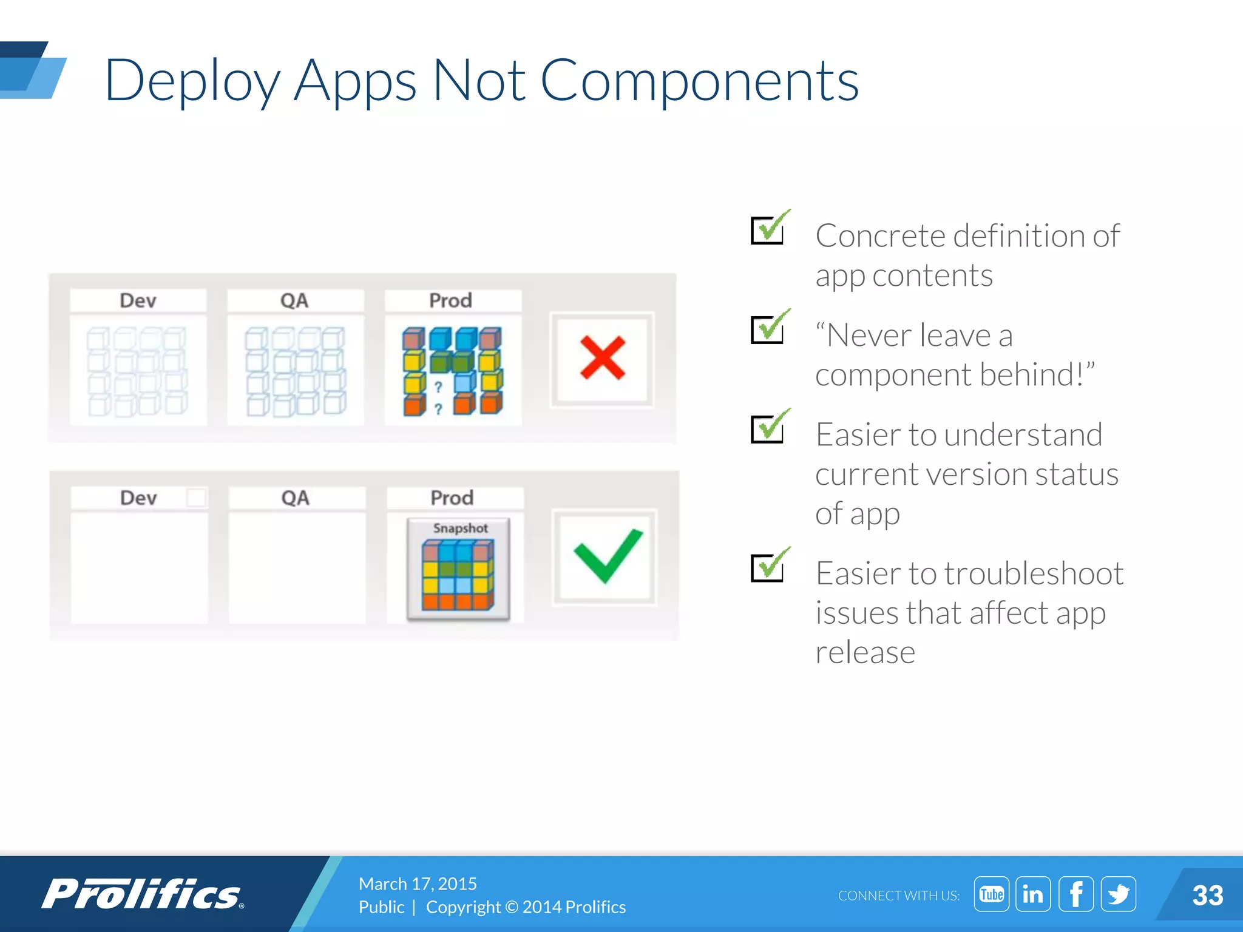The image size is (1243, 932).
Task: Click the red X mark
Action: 602,358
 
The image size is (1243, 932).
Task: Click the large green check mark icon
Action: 607,555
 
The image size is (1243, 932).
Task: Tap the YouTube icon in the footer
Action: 991,894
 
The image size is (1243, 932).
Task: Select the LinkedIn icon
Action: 1033,894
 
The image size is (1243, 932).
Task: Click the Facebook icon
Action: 1075,894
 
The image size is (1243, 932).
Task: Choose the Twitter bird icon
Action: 1118,894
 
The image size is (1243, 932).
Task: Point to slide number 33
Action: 1207,896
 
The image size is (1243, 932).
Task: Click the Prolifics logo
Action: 143,894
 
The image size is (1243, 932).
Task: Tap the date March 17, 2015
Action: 418,883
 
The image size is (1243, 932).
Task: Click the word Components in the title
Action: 699,80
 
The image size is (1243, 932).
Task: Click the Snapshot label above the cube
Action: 460,528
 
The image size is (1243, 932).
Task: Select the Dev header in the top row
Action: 138,300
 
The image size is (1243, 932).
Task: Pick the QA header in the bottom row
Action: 296,498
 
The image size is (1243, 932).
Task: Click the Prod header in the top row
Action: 450,300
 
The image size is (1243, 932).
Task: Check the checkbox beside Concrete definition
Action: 768,230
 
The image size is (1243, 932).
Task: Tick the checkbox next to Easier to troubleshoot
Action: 768,568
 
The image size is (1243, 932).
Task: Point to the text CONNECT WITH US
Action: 899,896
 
